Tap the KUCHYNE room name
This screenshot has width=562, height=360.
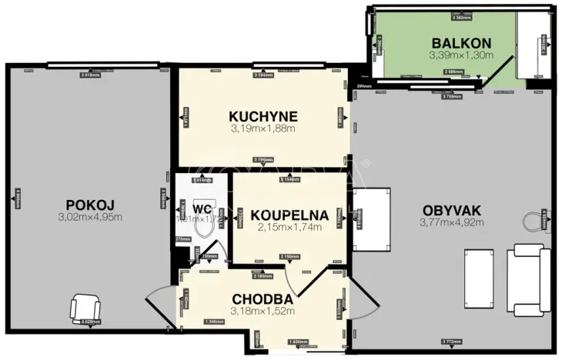[x=263, y=116]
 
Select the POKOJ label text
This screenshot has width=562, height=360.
[x=90, y=205]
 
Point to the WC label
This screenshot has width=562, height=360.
[x=202, y=208]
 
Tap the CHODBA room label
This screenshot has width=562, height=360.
[x=262, y=298]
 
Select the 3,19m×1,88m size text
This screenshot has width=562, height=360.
[x=263, y=128]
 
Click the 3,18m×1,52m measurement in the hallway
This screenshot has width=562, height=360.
[x=262, y=311]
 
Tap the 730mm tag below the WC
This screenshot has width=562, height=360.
[x=209, y=256]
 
